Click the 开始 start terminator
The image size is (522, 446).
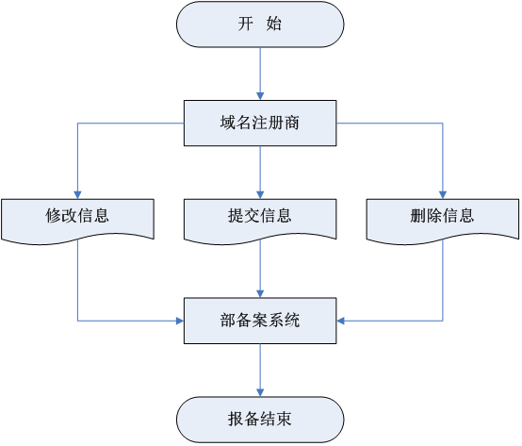tap(260, 25)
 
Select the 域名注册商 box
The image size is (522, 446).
tap(260, 123)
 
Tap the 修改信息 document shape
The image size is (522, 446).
tap(77, 221)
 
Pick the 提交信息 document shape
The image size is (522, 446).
tap(260, 221)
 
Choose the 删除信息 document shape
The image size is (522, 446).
tap(443, 221)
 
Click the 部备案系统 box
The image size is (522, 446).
tap(260, 321)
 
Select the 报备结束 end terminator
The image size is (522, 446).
tap(260, 420)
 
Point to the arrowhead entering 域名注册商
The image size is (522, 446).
tap(260, 96)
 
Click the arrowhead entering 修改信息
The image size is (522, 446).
tap(77, 195)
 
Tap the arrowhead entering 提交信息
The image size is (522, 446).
tap(260, 195)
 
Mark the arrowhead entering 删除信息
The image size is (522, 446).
tap(443, 195)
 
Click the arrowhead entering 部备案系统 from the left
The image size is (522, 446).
tap(180, 322)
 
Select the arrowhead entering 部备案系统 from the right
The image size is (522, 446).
tap(340, 322)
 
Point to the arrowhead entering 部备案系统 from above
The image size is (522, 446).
tap(260, 294)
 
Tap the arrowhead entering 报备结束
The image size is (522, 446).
tap(260, 392)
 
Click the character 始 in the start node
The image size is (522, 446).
tap(273, 24)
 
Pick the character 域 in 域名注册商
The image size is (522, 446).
tap(228, 123)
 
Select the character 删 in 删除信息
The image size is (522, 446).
tap(418, 216)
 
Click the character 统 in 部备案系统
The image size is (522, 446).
tap(292, 321)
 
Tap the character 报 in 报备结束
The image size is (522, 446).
tap(237, 419)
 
